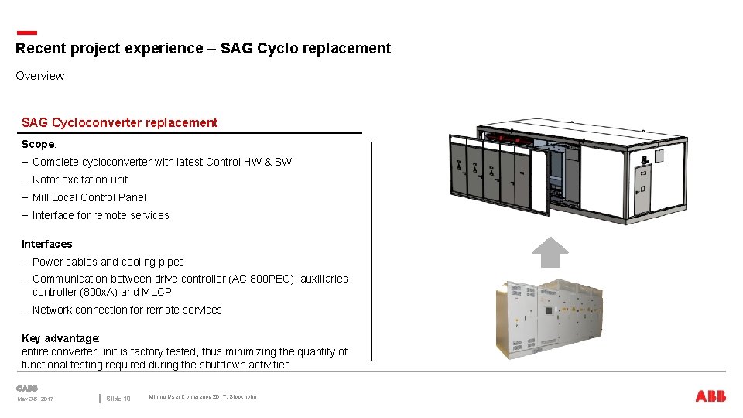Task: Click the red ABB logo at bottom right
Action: [x=710, y=396]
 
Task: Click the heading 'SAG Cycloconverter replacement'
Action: [x=120, y=122]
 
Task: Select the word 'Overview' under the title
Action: [x=39, y=76]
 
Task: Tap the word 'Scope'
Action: [x=38, y=144]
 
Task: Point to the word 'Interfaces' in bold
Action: [x=47, y=244]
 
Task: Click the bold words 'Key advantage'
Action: [x=60, y=338]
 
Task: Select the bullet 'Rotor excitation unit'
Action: [x=80, y=180]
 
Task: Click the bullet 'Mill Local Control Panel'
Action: [x=89, y=197]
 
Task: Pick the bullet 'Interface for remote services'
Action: [x=101, y=215]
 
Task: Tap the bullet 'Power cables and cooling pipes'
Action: [x=108, y=262]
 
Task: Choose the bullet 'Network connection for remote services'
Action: [x=127, y=310]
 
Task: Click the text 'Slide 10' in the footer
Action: [x=118, y=399]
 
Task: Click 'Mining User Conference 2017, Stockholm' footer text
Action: [x=202, y=397]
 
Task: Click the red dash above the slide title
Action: [x=26, y=33]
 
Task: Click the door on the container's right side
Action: [x=642, y=176]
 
